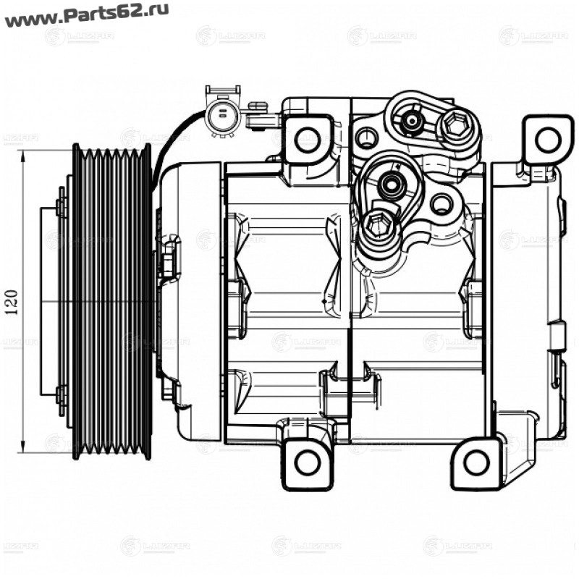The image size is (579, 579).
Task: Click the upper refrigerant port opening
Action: pyautogui.click(x=413, y=121)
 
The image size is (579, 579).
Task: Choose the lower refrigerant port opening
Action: pyautogui.click(x=392, y=186)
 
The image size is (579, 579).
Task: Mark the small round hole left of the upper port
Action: pyautogui.click(x=367, y=136)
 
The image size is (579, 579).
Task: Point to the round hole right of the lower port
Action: pyautogui.click(x=441, y=203)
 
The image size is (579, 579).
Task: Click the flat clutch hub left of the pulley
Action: pyautogui.click(x=49, y=303)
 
